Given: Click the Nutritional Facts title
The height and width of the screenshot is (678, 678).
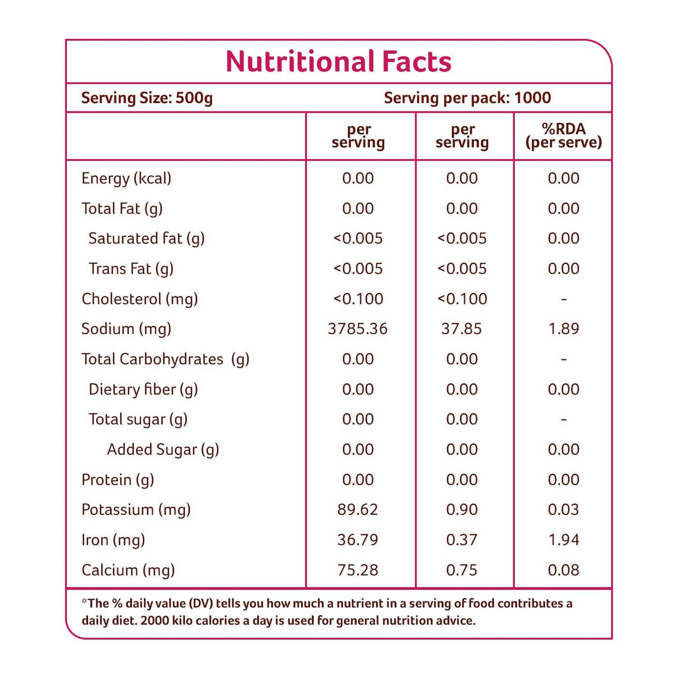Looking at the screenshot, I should coord(339,62).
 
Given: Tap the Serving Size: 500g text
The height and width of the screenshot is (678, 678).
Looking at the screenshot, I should coord(147,98).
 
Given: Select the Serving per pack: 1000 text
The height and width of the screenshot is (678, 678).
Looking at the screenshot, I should coord(467,98).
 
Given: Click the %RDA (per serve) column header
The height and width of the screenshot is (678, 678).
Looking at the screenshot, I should coord(563,136).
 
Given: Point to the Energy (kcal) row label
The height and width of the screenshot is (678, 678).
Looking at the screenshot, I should coord(126,178).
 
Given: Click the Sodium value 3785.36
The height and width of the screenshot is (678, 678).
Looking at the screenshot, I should coord(357,329).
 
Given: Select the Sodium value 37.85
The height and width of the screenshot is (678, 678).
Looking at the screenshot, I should coord(462,329).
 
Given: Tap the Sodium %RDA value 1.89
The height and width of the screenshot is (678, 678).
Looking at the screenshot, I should coord(563,329).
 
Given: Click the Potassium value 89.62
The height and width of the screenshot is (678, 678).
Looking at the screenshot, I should coord(357,509).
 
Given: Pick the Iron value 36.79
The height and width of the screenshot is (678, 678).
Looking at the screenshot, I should coord(357,539).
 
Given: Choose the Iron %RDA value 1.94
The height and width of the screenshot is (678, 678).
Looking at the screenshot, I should coord(563,539).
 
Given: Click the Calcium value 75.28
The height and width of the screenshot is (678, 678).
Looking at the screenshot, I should coord(357,570).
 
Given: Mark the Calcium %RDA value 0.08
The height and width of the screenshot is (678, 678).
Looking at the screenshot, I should coord(563,570).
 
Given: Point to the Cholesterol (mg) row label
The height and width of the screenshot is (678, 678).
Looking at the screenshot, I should coord(139,299).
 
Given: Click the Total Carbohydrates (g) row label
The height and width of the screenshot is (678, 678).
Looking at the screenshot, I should coord(165,359).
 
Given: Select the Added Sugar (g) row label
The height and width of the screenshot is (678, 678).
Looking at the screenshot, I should coord(163,449).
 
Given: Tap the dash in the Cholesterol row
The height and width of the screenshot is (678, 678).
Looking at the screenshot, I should coord(563,299).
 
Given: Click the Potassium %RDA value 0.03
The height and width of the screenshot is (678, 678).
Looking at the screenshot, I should coord(563,509).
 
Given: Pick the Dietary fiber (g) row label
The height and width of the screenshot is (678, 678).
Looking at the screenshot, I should coord(143,389).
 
